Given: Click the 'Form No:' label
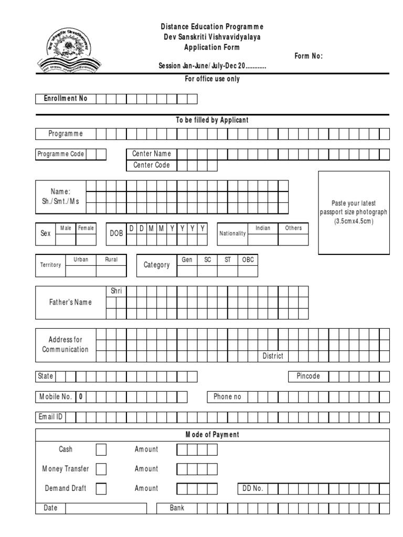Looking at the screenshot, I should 309,56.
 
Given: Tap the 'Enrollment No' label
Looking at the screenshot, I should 66,99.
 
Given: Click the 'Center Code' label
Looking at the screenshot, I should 152,165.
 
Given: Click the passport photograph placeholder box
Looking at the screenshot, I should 354,212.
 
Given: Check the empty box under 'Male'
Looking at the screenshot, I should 66,240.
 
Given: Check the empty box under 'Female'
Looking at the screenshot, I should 86,240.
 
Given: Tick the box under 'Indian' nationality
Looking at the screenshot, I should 263,240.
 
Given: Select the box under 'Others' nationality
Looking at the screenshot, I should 293,240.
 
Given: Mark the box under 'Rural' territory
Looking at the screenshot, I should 111,271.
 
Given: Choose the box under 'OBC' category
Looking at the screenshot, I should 248,271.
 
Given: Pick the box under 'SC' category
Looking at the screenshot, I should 207,271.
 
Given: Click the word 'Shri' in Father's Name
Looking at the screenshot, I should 116,291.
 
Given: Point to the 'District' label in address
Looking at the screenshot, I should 273,356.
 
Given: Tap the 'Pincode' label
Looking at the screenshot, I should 308,377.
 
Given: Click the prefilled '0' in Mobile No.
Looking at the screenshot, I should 81,397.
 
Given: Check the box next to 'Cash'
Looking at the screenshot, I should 101,450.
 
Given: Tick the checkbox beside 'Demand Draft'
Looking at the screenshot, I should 101,489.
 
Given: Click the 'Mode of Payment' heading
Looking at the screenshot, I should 213,435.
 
